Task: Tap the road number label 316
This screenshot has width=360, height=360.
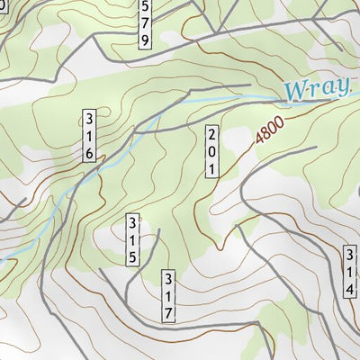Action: [89, 135]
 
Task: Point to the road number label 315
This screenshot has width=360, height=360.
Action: [131, 238]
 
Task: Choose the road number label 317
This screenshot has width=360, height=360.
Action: [168, 294]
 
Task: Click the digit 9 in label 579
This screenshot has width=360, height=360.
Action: [145, 40]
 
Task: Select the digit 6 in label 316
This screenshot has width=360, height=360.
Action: [89, 153]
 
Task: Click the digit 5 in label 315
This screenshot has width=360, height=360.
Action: [131, 256]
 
